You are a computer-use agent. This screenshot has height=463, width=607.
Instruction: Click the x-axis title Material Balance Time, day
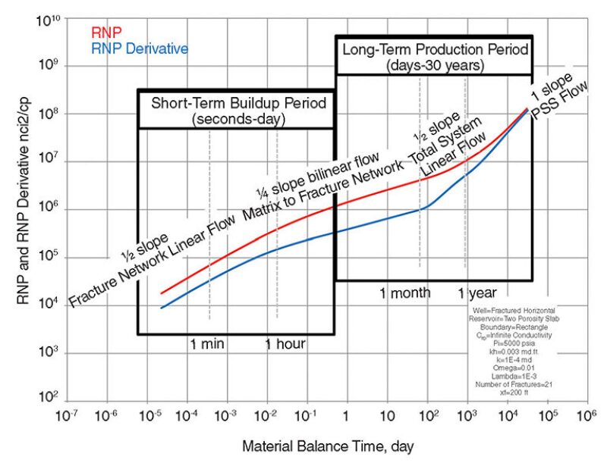327,445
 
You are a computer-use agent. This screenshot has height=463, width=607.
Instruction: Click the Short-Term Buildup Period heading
237,103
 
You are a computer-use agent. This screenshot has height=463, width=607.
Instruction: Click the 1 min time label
206,345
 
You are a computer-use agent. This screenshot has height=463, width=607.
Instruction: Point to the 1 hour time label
285,345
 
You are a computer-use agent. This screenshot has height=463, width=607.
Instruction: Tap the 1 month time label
405,293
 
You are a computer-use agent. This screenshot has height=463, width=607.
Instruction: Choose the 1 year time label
477,293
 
